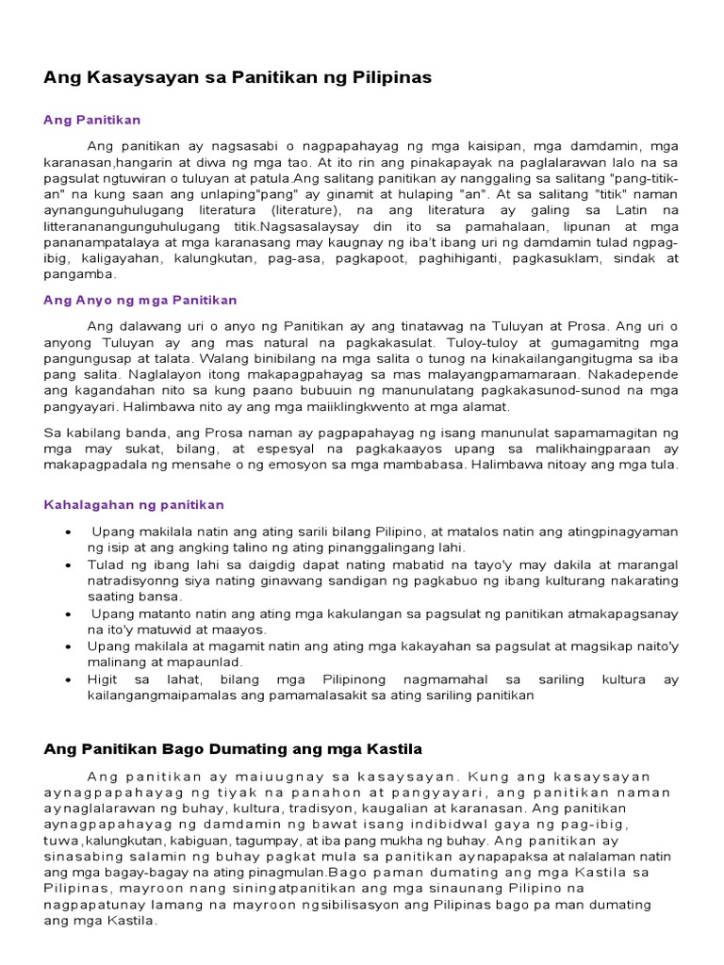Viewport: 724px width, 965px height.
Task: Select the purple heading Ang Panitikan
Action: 92,121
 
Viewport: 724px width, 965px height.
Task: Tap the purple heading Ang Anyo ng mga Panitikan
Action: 140,300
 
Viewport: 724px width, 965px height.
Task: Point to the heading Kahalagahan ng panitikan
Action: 134,505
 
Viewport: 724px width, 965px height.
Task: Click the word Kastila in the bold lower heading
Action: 390,748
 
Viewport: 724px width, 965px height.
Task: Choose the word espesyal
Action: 288,449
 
